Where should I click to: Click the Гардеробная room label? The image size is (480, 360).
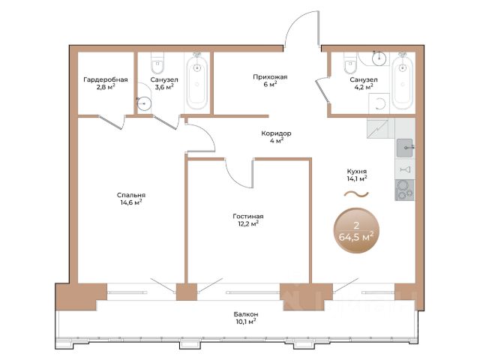click(x=106, y=79)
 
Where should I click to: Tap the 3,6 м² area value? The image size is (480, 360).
click(x=164, y=87)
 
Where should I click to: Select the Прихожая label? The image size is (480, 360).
click(x=270, y=76)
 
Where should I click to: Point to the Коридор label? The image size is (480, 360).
click(x=276, y=133)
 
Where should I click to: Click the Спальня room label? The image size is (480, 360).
click(x=131, y=195)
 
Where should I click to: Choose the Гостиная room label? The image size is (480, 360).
click(x=248, y=216)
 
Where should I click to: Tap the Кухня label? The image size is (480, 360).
click(x=357, y=172)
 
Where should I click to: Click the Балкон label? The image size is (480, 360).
click(x=245, y=314)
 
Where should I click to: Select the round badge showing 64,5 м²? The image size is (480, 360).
click(x=356, y=230)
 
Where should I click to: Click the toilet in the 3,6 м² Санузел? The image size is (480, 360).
click(x=157, y=63)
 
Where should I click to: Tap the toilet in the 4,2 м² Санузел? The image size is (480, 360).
click(x=350, y=63)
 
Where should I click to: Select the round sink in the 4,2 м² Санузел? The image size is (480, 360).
click(x=379, y=58)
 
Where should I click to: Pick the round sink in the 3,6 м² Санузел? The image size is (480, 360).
click(x=144, y=103)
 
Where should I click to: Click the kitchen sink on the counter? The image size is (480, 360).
click(x=405, y=148)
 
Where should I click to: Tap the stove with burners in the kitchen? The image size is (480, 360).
click(x=405, y=190)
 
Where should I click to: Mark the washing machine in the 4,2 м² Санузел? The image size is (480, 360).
click(x=379, y=103)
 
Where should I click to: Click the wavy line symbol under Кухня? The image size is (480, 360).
click(x=356, y=193)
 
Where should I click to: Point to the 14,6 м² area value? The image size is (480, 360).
click(x=131, y=202)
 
